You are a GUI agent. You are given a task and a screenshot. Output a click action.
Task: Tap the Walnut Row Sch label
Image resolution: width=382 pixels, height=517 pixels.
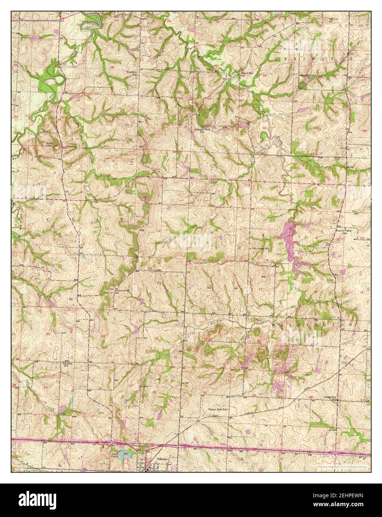point(216,409)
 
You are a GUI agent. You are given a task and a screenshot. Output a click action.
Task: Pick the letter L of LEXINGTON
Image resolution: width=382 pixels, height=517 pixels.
point(277,59)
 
